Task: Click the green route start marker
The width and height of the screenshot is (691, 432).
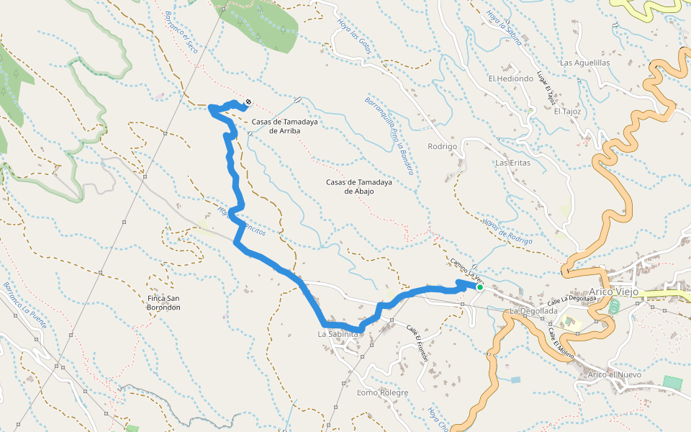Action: tap(479, 287)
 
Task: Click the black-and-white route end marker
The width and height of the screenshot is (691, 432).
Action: tap(248, 102)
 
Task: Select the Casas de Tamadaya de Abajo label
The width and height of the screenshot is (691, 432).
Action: tap(358, 186)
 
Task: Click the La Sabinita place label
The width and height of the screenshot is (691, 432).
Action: tap(338, 334)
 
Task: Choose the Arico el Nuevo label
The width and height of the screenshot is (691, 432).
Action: tap(614, 374)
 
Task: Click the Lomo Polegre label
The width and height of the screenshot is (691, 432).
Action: tap(383, 392)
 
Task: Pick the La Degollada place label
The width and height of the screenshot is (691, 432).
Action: tap(533, 310)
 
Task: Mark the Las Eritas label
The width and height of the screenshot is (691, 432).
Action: tap(512, 163)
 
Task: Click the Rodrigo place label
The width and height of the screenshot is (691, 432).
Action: tap(443, 146)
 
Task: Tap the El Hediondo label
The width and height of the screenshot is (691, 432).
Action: tap(510, 78)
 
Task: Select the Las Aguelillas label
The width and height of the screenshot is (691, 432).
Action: tap(584, 63)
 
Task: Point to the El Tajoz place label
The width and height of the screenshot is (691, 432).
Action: tap(566, 111)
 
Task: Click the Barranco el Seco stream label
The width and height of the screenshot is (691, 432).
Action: tap(181, 33)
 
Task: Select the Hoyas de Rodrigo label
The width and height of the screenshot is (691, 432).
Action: tap(507, 231)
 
